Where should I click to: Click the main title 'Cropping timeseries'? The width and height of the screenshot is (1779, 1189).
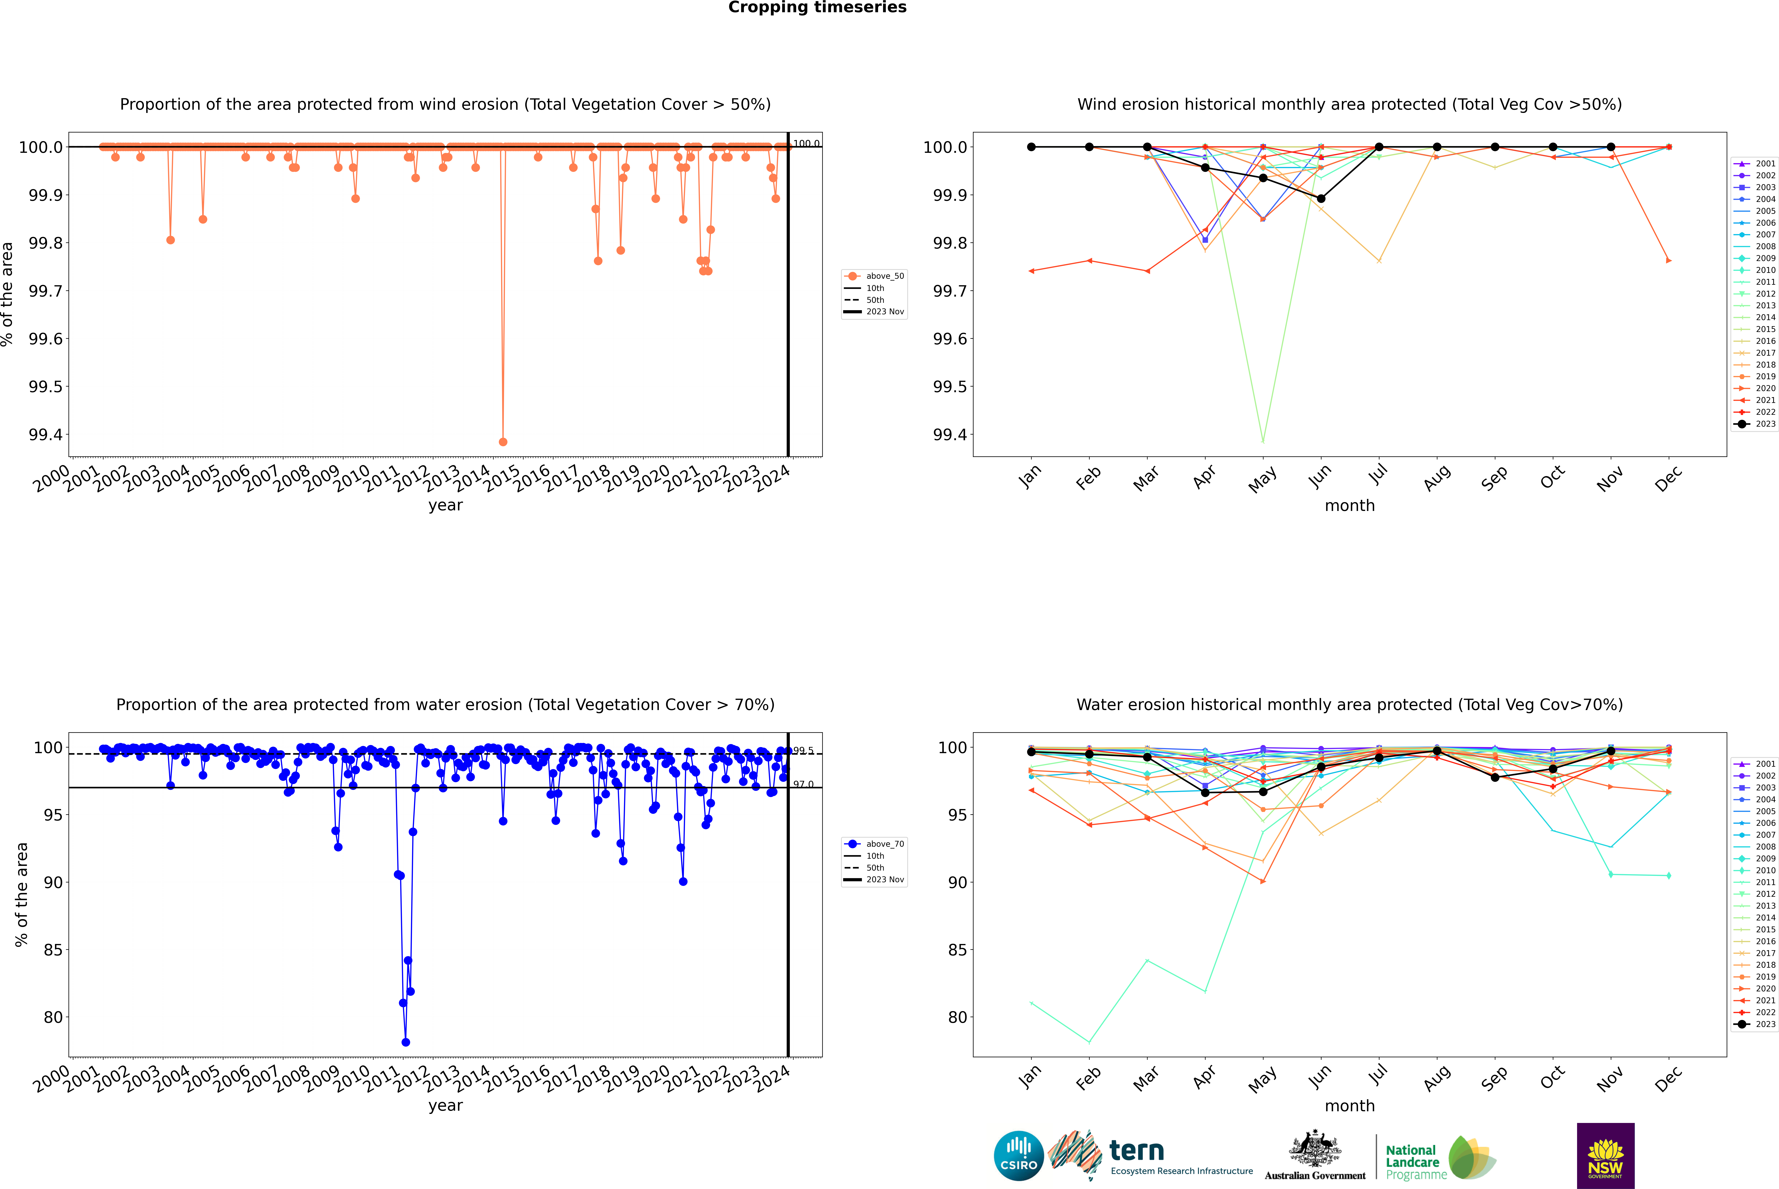click(x=817, y=8)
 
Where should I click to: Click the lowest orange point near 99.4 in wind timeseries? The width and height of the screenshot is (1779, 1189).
click(x=503, y=441)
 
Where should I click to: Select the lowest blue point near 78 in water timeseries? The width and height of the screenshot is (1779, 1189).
click(x=406, y=1042)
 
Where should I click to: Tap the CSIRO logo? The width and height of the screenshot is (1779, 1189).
click(x=1019, y=1156)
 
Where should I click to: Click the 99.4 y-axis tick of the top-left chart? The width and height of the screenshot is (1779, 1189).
click(x=46, y=435)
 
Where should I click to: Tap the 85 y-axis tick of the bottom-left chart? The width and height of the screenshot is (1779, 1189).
click(x=53, y=950)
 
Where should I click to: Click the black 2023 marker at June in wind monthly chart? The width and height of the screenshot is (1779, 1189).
click(x=1321, y=199)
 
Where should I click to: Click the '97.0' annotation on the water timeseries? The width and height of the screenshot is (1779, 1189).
click(x=803, y=785)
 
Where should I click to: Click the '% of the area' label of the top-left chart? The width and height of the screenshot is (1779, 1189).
click(x=8, y=294)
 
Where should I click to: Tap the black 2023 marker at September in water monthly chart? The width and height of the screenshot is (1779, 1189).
click(x=1495, y=777)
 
